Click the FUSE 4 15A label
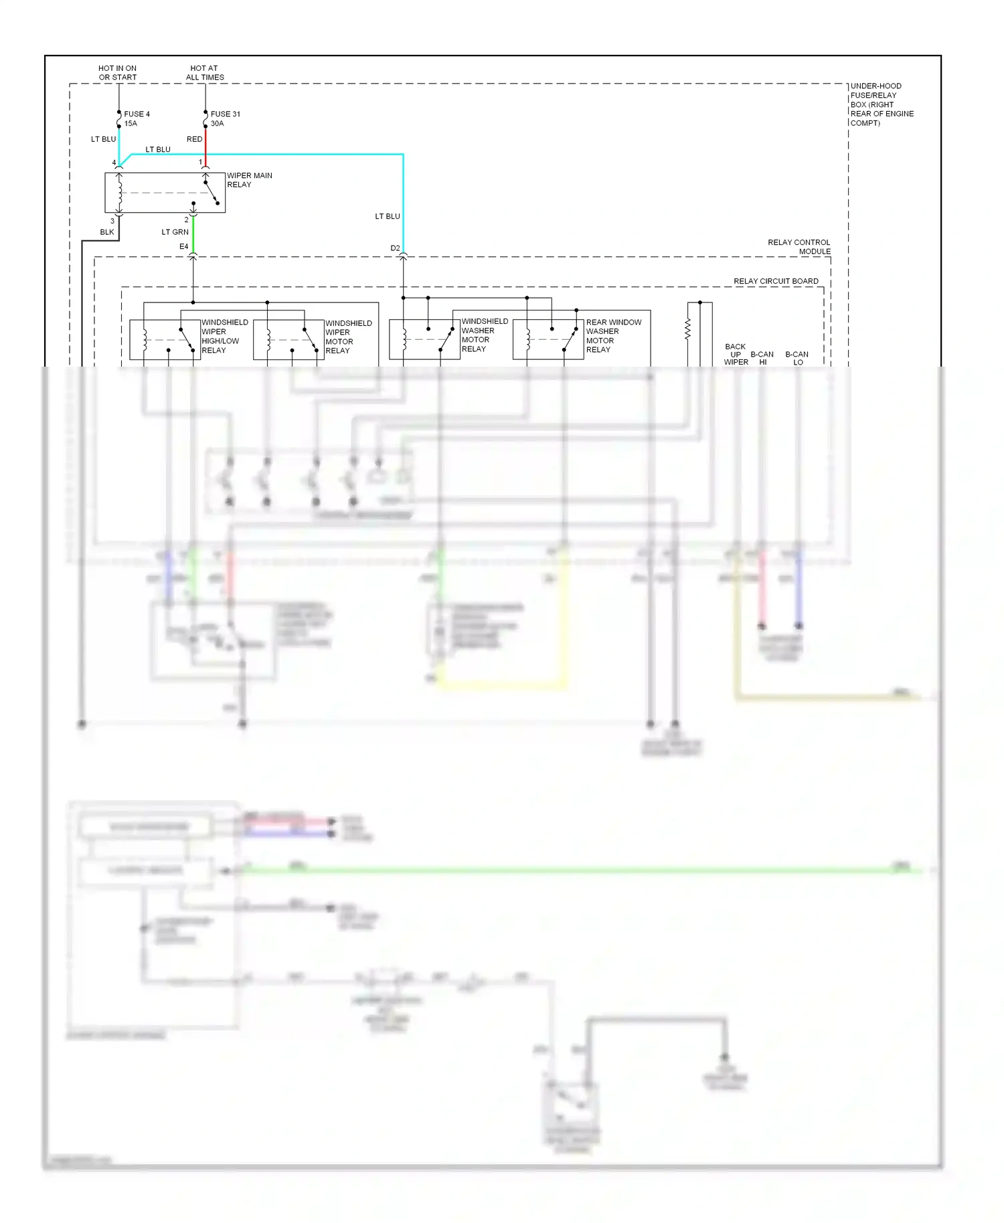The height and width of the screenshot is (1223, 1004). tap(137, 118)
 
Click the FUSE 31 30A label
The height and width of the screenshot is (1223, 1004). tap(225, 118)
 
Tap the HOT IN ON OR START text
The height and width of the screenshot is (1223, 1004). tap(117, 72)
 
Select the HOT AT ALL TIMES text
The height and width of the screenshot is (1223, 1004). tap(204, 72)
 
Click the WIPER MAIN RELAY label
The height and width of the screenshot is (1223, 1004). tap(249, 180)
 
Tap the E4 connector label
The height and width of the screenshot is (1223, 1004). tap(183, 247)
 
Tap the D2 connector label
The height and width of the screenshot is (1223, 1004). tap(395, 248)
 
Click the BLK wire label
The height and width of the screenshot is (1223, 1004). tap(107, 232)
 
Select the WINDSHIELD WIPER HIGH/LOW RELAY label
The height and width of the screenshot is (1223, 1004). tap(224, 336)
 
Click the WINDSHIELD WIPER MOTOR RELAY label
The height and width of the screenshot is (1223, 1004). tap(348, 337)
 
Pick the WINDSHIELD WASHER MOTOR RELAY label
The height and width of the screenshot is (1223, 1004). tap(484, 335)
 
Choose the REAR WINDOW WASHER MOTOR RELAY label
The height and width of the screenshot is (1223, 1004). tap(613, 335)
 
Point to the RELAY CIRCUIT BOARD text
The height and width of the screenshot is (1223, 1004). tap(776, 281)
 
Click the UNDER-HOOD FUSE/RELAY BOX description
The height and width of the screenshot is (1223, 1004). tap(881, 104)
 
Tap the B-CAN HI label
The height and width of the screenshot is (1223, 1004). tap(762, 358)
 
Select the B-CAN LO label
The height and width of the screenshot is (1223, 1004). tap(797, 358)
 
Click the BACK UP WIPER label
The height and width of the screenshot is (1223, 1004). tap(736, 355)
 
